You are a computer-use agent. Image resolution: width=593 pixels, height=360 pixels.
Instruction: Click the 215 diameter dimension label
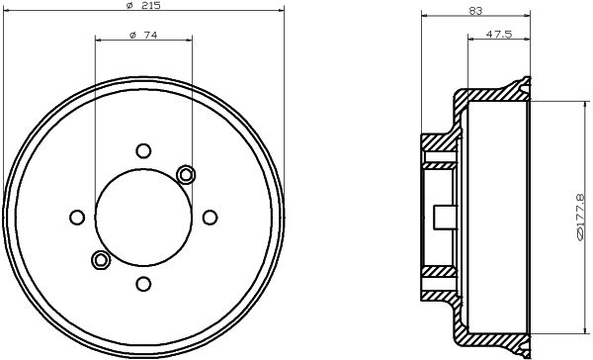(x=143, y=5)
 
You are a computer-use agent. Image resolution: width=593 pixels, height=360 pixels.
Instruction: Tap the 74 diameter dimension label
(x=143, y=36)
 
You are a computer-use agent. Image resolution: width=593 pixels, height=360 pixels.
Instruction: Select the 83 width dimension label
(x=475, y=11)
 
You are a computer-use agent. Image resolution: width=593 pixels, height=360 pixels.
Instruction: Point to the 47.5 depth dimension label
(x=499, y=34)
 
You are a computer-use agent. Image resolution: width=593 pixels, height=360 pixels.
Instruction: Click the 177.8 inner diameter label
(x=580, y=217)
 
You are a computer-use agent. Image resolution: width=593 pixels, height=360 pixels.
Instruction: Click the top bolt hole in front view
(x=143, y=150)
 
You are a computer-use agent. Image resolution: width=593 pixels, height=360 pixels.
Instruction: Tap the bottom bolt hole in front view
(x=143, y=284)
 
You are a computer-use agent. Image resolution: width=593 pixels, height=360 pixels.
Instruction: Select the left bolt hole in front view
(x=77, y=218)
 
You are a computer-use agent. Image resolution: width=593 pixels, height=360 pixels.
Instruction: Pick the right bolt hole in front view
(x=210, y=218)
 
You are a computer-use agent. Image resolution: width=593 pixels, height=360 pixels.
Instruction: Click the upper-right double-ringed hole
(x=186, y=174)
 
